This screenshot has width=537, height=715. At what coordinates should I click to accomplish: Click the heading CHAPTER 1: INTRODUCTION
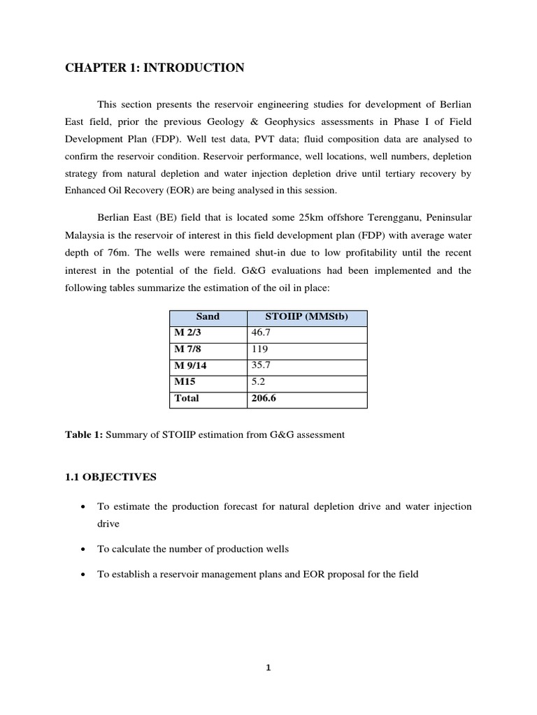point(155,68)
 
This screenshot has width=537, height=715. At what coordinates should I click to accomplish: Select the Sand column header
point(208,317)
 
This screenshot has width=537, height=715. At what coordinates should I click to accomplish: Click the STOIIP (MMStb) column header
point(306,317)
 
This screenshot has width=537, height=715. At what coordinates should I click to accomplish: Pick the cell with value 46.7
point(261,334)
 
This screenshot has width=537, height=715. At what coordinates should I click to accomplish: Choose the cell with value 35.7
point(261,366)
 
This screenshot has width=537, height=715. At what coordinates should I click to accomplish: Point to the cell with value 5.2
point(258,383)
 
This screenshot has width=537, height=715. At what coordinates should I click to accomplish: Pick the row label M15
point(185,383)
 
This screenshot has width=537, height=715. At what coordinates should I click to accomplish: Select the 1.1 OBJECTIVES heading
point(111,478)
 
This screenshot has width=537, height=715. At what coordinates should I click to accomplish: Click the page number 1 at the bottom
point(268,668)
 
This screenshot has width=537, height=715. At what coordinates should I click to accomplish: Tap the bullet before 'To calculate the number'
point(84,550)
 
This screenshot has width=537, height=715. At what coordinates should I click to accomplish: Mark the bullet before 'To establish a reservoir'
point(84,575)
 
